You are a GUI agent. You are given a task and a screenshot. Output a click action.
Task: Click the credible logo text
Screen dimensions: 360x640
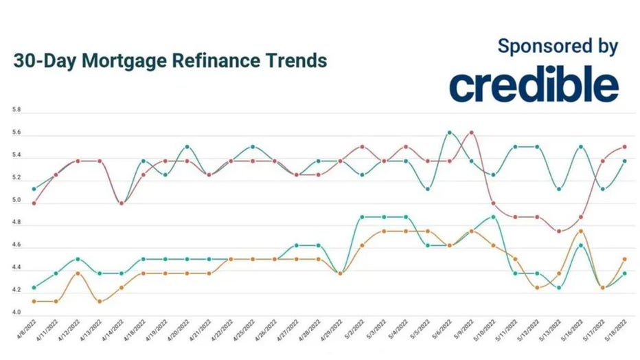(x=534, y=85)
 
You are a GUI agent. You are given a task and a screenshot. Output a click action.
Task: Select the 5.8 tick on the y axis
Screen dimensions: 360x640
(x=16, y=110)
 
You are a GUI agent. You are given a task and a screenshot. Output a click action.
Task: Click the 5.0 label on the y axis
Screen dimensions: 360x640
(x=16, y=201)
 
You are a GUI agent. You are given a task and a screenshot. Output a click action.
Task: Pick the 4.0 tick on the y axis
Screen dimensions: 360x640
(x=16, y=313)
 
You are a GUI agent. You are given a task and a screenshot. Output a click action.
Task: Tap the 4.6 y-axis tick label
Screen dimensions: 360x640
(x=16, y=245)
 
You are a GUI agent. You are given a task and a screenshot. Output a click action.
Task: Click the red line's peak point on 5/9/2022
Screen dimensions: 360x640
(x=471, y=132)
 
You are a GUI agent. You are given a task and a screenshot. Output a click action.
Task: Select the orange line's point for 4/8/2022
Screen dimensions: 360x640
(x=34, y=301)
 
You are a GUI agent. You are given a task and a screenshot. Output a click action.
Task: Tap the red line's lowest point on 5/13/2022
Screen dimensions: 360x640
(x=559, y=232)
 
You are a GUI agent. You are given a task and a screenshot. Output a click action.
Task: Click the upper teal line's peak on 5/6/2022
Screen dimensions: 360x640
(x=449, y=132)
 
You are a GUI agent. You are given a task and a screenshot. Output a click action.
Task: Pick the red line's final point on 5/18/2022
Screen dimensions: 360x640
(x=624, y=146)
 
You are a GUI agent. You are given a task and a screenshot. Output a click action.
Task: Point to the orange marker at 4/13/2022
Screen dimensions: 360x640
(x=100, y=301)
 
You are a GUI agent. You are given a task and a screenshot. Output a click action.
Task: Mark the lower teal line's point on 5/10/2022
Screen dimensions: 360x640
(x=493, y=217)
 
